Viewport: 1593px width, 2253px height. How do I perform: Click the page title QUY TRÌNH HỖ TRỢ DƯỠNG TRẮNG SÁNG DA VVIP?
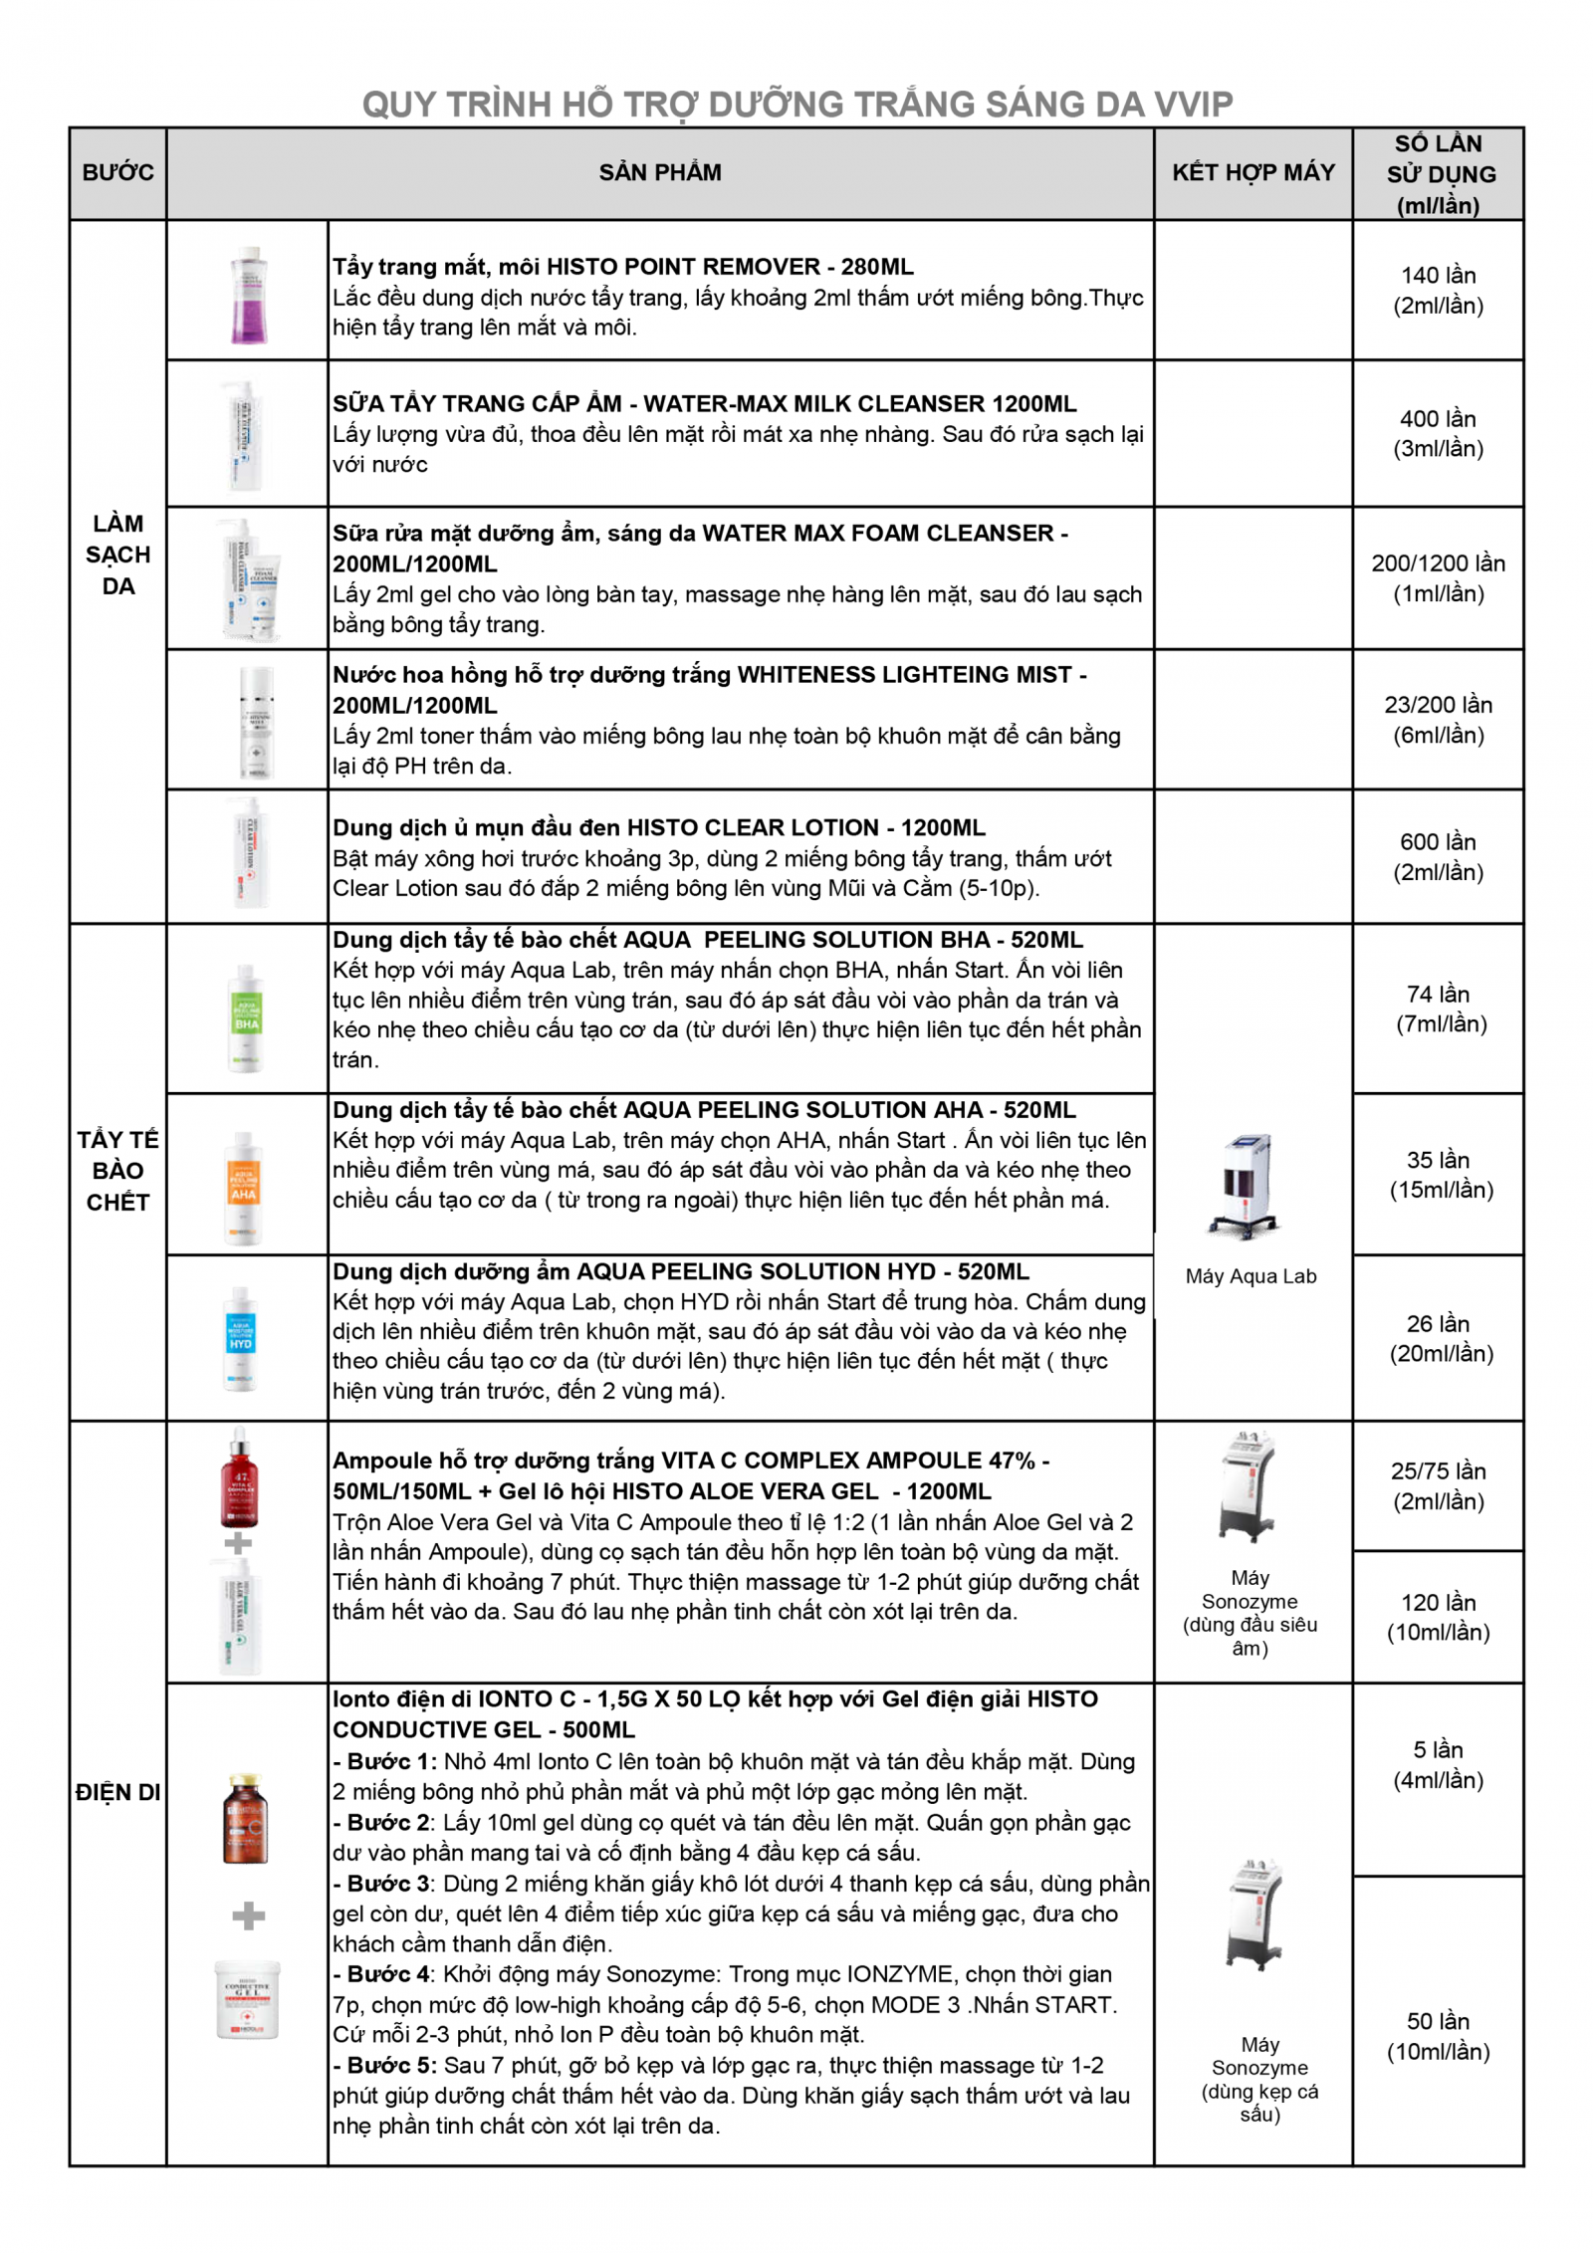point(796,104)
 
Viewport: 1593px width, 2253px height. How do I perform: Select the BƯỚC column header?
point(117,172)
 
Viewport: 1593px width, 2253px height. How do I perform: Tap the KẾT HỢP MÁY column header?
point(1252,172)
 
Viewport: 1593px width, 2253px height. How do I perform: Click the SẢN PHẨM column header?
point(660,172)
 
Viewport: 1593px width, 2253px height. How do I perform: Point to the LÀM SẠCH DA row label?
point(117,554)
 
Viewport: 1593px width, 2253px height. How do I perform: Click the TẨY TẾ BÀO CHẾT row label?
point(117,1170)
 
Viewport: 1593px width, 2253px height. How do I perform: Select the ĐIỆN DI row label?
point(117,1792)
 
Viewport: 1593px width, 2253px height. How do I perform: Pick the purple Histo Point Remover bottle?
point(248,296)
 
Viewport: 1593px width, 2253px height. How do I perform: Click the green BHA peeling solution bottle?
point(246,1017)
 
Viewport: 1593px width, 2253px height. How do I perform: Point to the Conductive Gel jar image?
point(247,1999)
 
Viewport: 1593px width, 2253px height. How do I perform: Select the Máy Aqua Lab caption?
point(1251,1276)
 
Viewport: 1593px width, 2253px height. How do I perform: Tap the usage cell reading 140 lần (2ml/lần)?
point(1437,290)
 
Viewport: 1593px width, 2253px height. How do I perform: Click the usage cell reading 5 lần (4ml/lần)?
point(1437,1764)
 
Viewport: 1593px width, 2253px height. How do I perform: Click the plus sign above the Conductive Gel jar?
point(248,1915)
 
